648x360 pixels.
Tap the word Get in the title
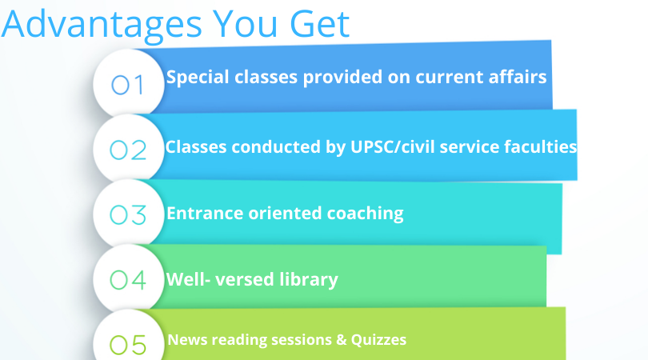tap(320, 24)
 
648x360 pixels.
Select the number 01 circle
tap(129, 84)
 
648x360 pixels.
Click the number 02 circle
tap(129, 150)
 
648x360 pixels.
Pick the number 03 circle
tap(129, 214)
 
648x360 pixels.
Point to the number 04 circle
tap(129, 279)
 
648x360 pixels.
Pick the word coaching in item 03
tap(366, 214)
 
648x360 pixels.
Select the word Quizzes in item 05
tap(378, 340)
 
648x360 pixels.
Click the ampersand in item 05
tap(342, 340)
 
